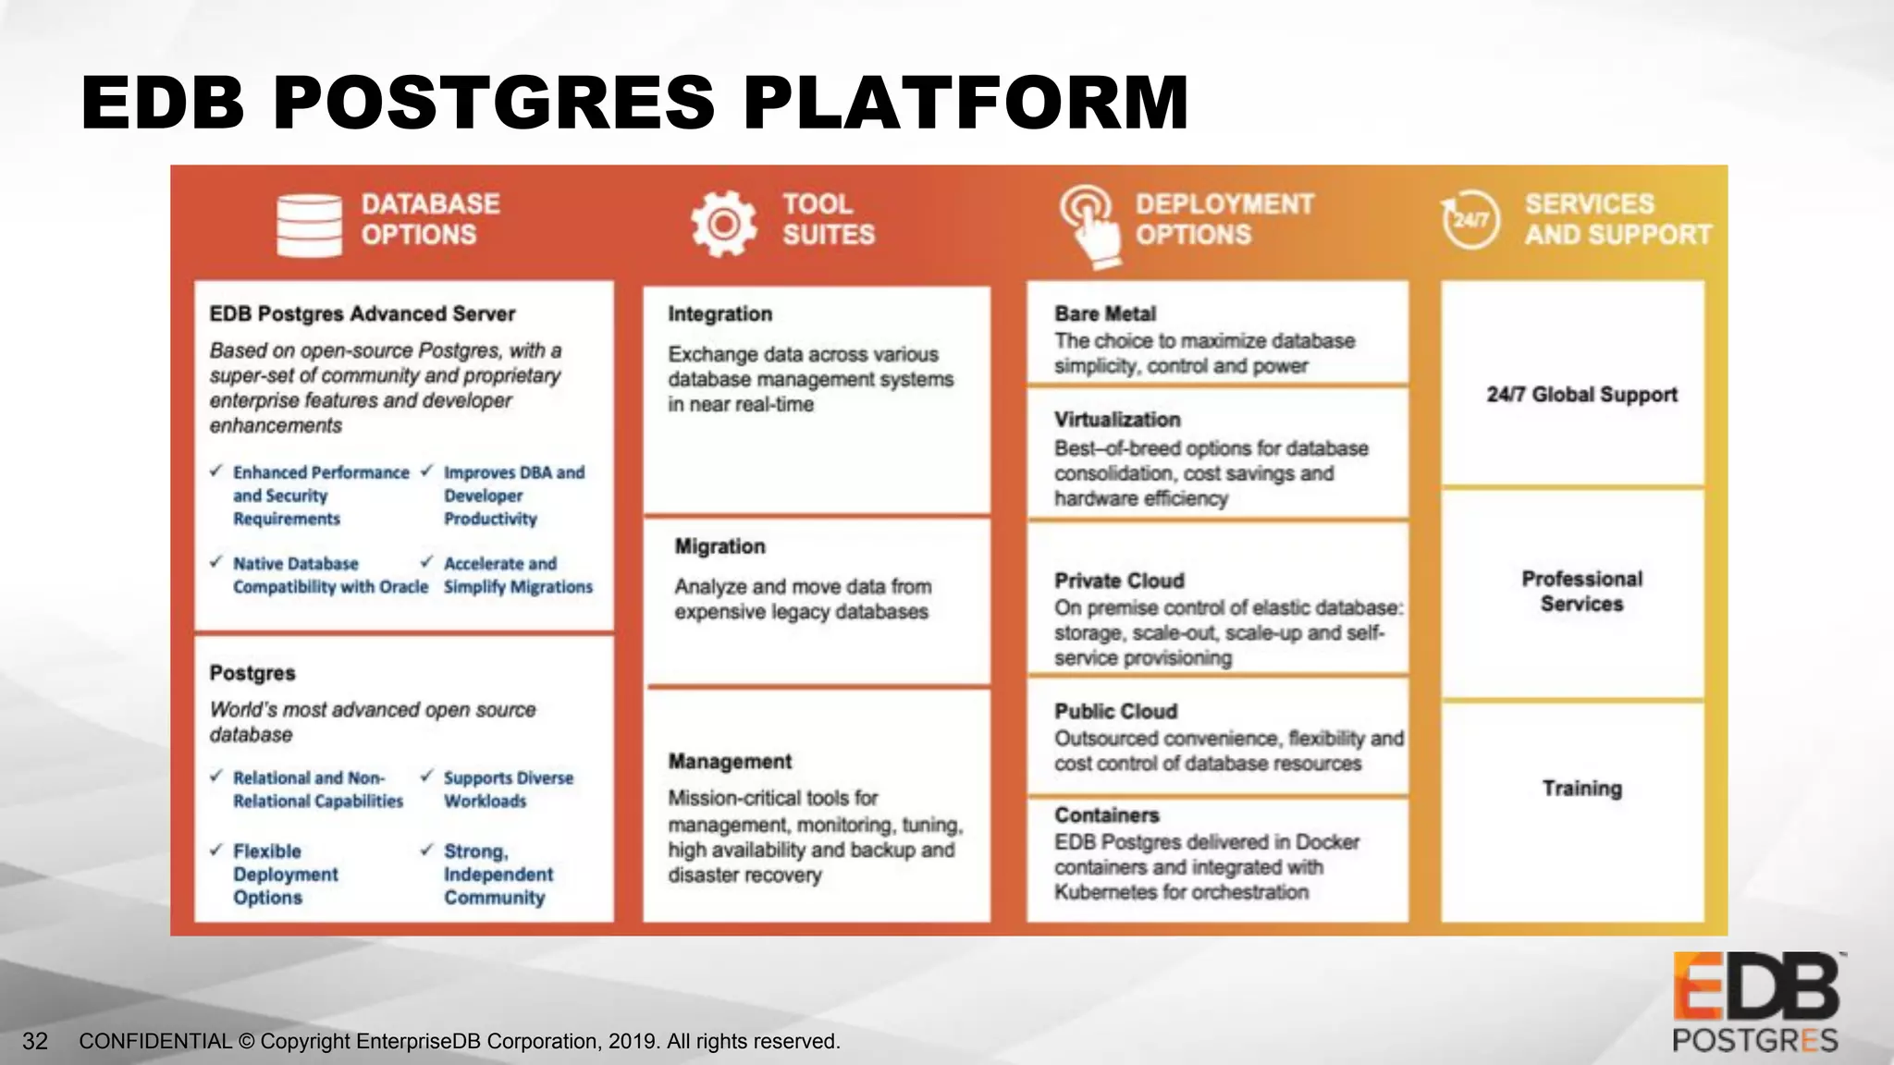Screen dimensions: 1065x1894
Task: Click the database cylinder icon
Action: click(309, 225)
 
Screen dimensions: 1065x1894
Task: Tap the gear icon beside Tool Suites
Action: click(723, 223)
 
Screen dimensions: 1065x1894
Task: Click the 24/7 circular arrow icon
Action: click(1470, 219)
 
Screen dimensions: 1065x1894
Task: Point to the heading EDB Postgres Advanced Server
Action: click(362, 313)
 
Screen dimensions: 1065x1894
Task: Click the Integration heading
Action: click(719, 313)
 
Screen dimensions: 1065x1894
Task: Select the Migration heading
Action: click(719, 546)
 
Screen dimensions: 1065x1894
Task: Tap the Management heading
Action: click(730, 761)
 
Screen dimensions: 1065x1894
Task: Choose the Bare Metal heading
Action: click(1104, 313)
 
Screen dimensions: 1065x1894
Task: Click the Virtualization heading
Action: click(1117, 419)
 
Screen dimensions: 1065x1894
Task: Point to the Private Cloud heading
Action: click(1119, 581)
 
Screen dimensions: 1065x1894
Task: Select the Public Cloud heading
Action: click(1115, 711)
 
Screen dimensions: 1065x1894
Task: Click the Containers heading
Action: click(1106, 814)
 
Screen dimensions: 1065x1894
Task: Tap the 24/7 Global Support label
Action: click(1581, 394)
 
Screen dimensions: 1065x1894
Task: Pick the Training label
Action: click(1581, 788)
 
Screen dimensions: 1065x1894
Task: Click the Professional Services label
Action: click(1581, 591)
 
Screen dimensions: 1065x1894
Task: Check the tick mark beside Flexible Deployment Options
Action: click(216, 850)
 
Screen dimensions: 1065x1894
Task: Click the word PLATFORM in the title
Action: click(965, 102)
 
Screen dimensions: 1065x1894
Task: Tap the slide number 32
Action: click(35, 1041)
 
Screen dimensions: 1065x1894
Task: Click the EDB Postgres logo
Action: click(1755, 1003)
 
